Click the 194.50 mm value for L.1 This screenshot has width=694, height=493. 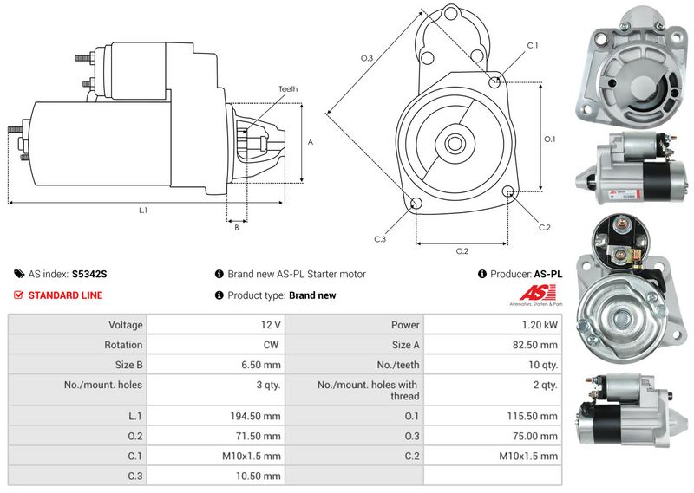255,416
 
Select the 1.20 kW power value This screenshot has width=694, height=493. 540,325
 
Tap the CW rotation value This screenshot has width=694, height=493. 271,345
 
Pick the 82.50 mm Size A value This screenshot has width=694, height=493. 534,345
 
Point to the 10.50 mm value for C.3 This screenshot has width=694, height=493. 258,477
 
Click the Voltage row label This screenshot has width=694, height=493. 126,325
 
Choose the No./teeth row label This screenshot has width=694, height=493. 398,366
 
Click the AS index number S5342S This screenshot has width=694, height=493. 89,274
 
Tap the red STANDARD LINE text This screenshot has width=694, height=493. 66,295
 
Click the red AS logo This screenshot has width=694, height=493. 537,293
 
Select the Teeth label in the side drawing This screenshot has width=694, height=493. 288,89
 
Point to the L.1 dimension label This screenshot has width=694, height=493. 143,211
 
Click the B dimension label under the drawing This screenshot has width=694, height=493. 237,227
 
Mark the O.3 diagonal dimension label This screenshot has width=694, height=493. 367,58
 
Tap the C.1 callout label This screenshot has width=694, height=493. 533,45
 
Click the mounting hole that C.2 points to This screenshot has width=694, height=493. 508,191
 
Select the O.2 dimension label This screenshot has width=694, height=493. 462,251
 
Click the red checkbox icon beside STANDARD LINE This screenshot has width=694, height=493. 18,295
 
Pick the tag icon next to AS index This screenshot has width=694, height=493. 19,274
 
